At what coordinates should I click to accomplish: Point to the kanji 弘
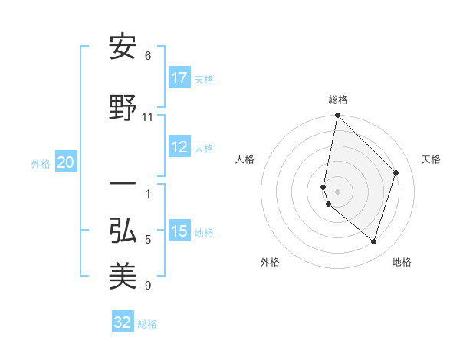pyautogui.click(x=123, y=231)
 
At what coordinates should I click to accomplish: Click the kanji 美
pyautogui.click(x=123, y=277)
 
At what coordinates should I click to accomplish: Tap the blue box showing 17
pyautogui.click(x=179, y=78)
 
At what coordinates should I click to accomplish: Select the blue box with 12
pyautogui.click(x=179, y=148)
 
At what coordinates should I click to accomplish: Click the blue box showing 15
pyautogui.click(x=179, y=232)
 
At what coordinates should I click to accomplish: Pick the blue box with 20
pyautogui.click(x=66, y=162)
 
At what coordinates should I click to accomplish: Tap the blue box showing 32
pyautogui.click(x=123, y=322)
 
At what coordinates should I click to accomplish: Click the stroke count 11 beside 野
pyautogui.click(x=148, y=117)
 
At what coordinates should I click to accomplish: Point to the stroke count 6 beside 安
pyautogui.click(x=148, y=56)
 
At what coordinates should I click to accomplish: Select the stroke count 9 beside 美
pyautogui.click(x=148, y=286)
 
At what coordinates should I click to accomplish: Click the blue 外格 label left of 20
pyautogui.click(x=41, y=163)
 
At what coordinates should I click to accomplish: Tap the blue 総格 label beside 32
pyautogui.click(x=147, y=323)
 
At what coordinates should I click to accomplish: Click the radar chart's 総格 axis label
pyautogui.click(x=338, y=100)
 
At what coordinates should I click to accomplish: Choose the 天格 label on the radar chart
pyautogui.click(x=431, y=159)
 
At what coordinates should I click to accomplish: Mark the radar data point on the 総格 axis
pyautogui.click(x=338, y=116)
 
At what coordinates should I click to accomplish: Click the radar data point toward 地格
pyautogui.click(x=373, y=241)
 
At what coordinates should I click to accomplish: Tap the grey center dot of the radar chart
pyautogui.click(x=338, y=191)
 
